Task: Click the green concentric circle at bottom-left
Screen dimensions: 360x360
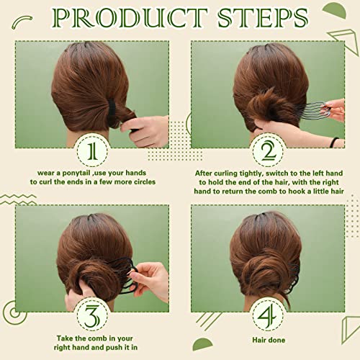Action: [x=12, y=311]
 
